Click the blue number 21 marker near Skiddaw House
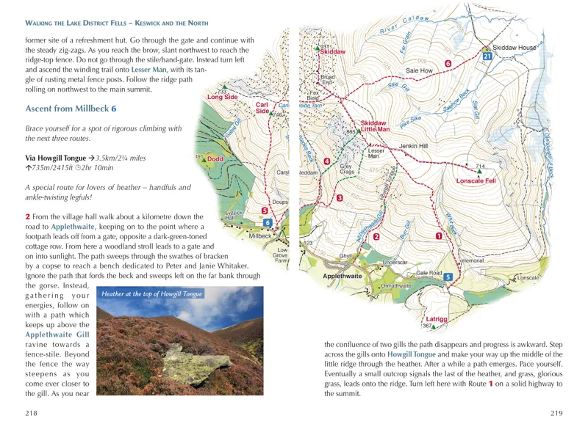pos(487,56)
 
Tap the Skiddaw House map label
pos(514,48)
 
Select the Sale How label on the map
pos(421,70)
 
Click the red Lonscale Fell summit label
pos(476,180)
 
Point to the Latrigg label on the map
pos(437,319)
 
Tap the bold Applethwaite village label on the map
pos(343,277)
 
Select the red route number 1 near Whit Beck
pos(439,236)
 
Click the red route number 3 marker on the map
pos(339,199)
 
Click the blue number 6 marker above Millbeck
pos(268,223)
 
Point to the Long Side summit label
pos(222,97)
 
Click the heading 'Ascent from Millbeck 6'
pos(71,109)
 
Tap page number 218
pos(31,414)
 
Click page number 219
pos(556,414)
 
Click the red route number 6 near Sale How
pos(448,64)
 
